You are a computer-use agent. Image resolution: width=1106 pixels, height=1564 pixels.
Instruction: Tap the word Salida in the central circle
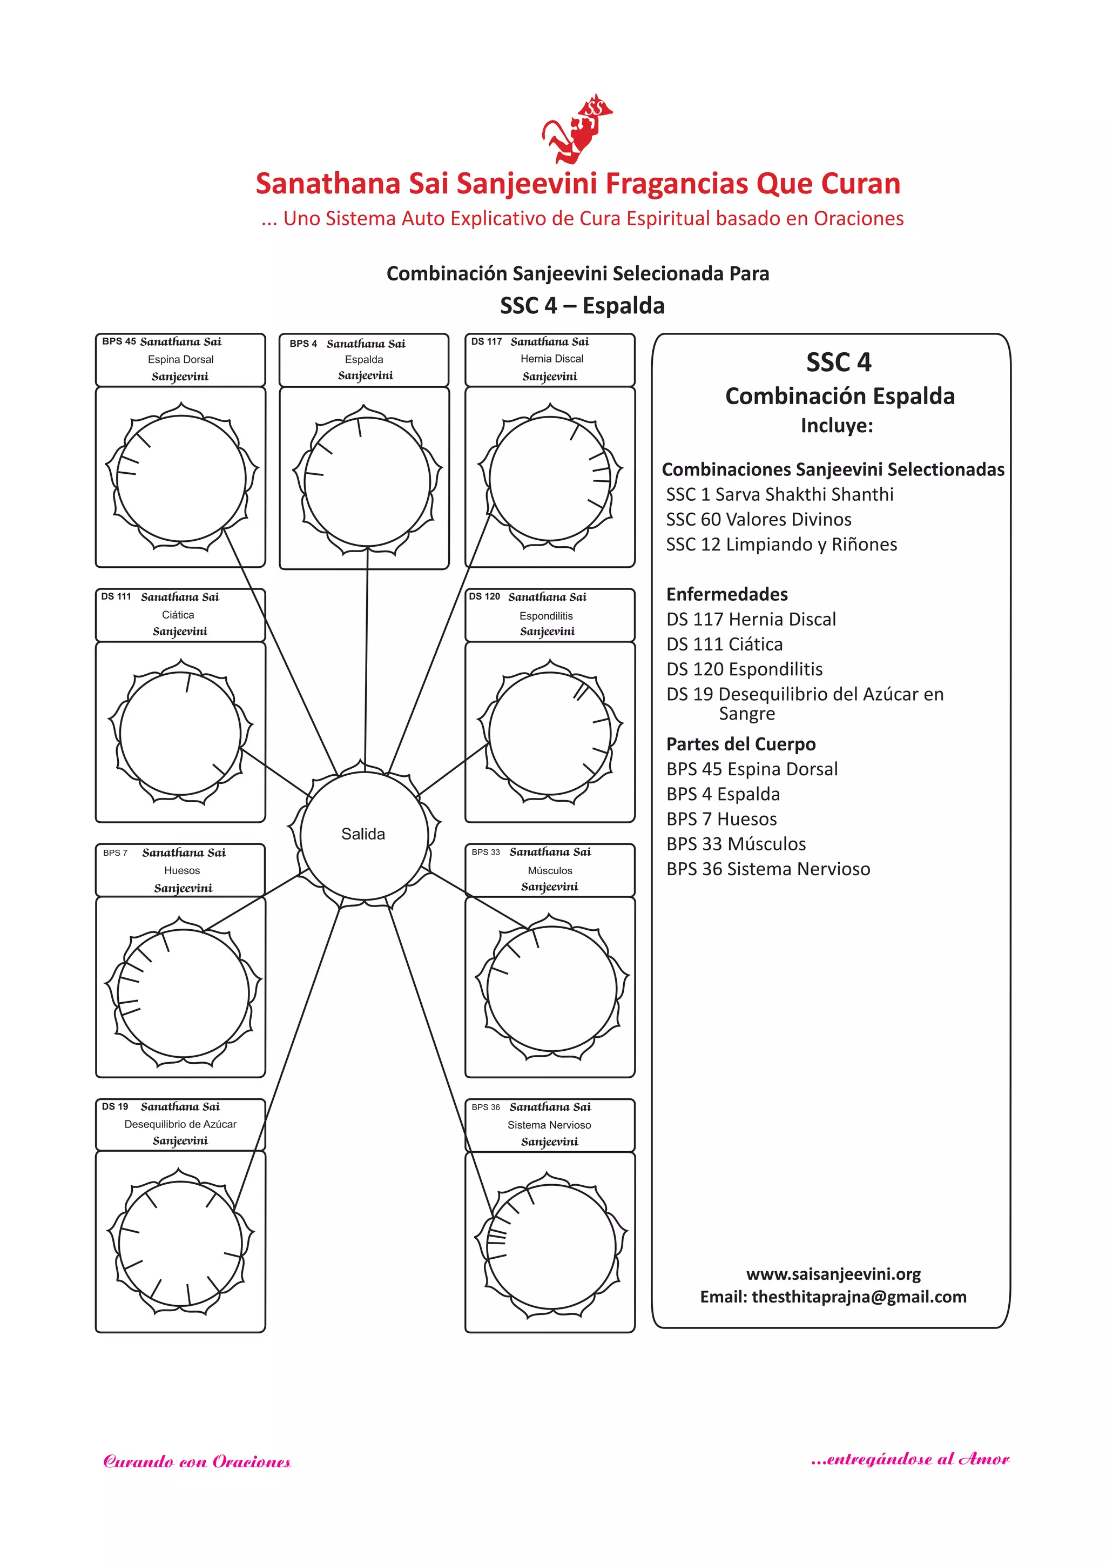click(x=363, y=834)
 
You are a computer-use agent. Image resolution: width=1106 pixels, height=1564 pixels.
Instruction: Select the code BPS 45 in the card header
click(x=118, y=341)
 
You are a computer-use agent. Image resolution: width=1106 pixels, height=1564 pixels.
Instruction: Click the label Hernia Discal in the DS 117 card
click(x=551, y=358)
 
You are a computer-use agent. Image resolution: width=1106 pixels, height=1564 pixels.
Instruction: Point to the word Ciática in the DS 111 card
click(x=178, y=614)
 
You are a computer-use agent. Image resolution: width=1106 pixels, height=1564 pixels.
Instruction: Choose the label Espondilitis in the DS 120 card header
click(x=545, y=616)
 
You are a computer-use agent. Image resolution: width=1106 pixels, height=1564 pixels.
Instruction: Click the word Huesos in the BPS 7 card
click(x=182, y=870)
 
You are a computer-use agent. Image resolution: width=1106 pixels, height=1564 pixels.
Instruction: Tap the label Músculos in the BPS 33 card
click(x=550, y=870)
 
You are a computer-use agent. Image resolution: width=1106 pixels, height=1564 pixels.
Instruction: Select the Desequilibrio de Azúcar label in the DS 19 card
click(x=180, y=1124)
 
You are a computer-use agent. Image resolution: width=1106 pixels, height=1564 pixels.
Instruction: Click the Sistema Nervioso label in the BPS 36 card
click(x=549, y=1125)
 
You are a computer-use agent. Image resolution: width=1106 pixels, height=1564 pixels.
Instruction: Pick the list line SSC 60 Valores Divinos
click(x=758, y=520)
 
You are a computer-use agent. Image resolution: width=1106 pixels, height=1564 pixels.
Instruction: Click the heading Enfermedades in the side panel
click(x=727, y=594)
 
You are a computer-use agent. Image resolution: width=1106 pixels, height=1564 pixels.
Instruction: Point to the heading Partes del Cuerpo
click(x=740, y=744)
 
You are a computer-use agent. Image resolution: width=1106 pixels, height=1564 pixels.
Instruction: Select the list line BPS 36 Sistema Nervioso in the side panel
click(x=767, y=869)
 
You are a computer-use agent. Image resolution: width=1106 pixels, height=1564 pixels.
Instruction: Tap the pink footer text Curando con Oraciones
click(x=197, y=1462)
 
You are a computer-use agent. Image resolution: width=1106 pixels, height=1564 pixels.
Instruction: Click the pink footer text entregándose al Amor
click(x=910, y=1459)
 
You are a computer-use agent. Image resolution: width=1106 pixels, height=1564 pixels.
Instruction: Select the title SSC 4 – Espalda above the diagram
click(x=582, y=306)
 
